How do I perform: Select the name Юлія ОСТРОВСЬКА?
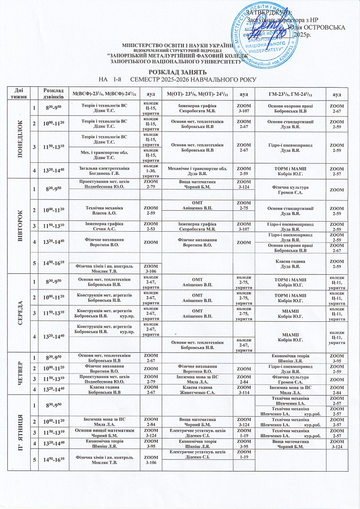[x=317, y=27]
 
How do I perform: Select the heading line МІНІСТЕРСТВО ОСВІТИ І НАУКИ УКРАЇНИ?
[x=177, y=45]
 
